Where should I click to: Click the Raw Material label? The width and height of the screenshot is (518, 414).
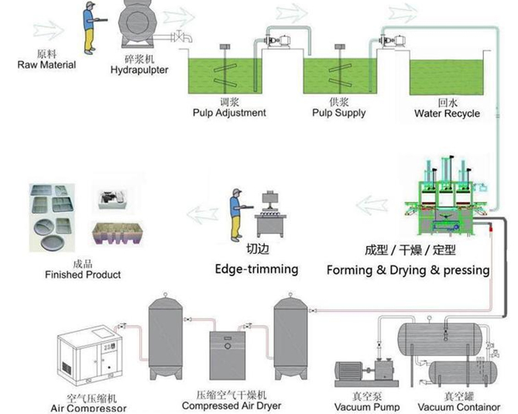point(46,65)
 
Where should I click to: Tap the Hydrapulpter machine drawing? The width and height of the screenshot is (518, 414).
point(139,28)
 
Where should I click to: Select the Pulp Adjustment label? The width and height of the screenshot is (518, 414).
point(228,113)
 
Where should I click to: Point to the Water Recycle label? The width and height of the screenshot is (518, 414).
point(447,114)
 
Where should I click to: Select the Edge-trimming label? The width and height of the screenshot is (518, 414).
point(256,269)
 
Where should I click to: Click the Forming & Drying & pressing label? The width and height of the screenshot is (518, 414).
point(408,270)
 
